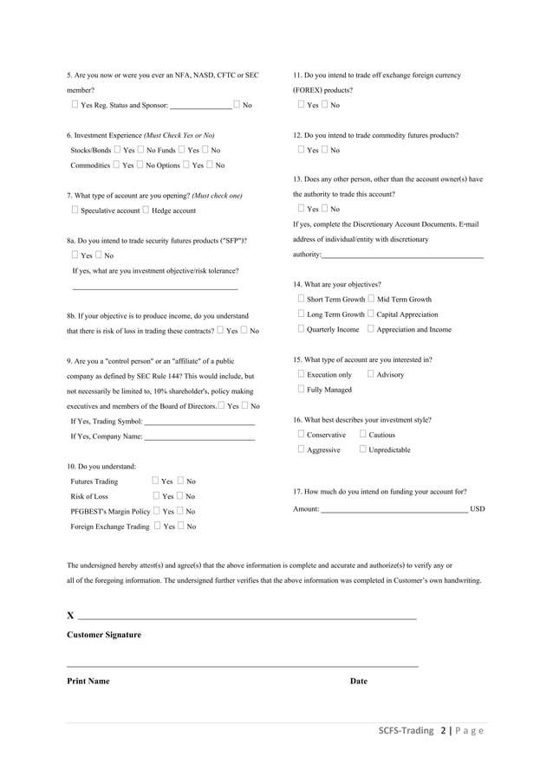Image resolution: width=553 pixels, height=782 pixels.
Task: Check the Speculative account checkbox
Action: (75, 210)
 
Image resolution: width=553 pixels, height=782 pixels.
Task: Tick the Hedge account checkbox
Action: (146, 210)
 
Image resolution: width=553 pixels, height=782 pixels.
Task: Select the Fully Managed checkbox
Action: (301, 390)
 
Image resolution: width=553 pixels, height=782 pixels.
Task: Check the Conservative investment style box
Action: (301, 435)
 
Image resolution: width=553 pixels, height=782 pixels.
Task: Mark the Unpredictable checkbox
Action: (362, 449)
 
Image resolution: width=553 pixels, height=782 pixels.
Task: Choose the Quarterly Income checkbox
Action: (301, 329)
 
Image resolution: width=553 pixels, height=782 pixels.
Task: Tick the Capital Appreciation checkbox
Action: (371, 314)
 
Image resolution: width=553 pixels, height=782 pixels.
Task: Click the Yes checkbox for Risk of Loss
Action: (155, 496)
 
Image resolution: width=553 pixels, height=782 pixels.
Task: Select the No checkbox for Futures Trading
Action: (180, 481)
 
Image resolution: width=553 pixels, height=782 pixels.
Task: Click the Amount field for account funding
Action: (394, 509)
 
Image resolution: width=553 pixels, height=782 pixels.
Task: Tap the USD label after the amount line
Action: (477, 509)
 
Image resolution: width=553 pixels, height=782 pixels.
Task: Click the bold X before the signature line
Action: (70, 616)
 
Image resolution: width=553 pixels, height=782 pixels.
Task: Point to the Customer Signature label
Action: (103, 635)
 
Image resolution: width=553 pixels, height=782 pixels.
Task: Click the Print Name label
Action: (88, 681)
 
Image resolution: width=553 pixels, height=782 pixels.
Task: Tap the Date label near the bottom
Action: (358, 681)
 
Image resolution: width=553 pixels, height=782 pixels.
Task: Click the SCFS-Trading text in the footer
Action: (406, 730)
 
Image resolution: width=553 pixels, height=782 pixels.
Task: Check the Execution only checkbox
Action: (301, 375)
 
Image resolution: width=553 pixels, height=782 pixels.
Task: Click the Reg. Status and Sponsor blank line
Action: (200, 105)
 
